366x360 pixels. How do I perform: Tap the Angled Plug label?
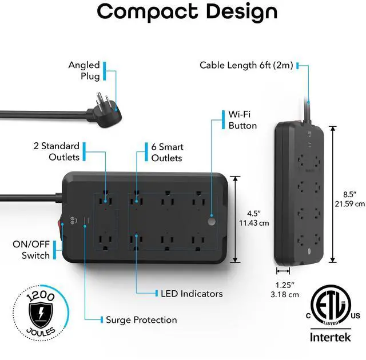(84, 71)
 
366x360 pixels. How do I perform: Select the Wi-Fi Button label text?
(242, 119)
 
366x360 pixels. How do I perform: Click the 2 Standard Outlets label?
(56, 151)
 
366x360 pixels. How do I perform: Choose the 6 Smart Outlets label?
(167, 152)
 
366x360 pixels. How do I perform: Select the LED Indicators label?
(192, 293)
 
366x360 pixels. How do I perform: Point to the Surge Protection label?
(141, 320)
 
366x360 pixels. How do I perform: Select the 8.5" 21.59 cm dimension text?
(349, 198)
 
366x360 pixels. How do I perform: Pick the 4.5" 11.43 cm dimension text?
(253, 218)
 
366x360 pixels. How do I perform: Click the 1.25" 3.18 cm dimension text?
(284, 290)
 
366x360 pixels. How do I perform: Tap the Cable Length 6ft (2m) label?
(246, 65)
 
